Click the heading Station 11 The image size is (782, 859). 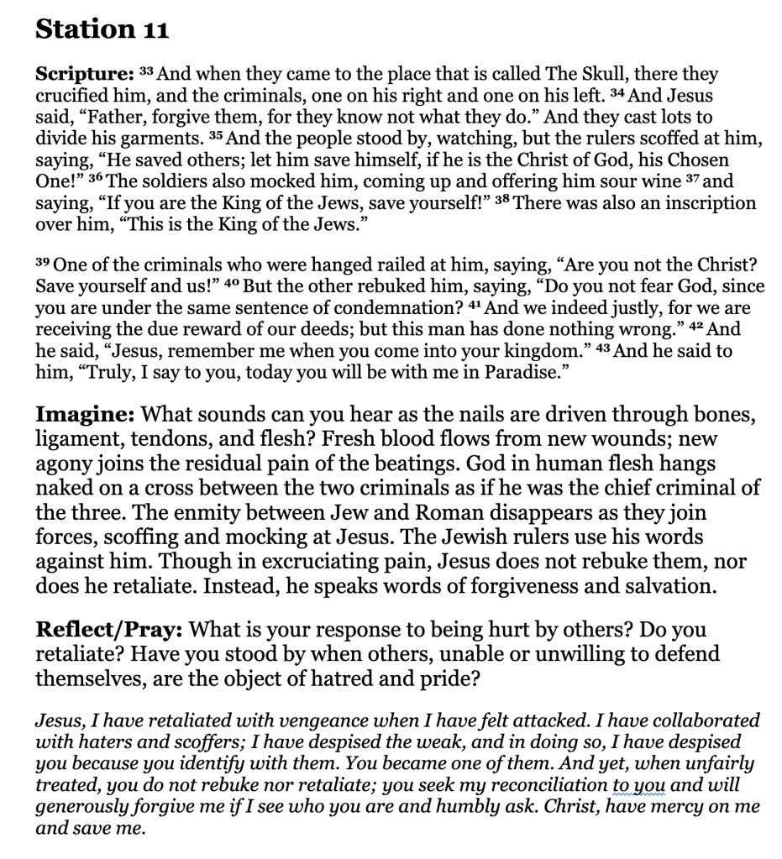pos(102,30)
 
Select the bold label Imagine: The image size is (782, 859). pos(84,414)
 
